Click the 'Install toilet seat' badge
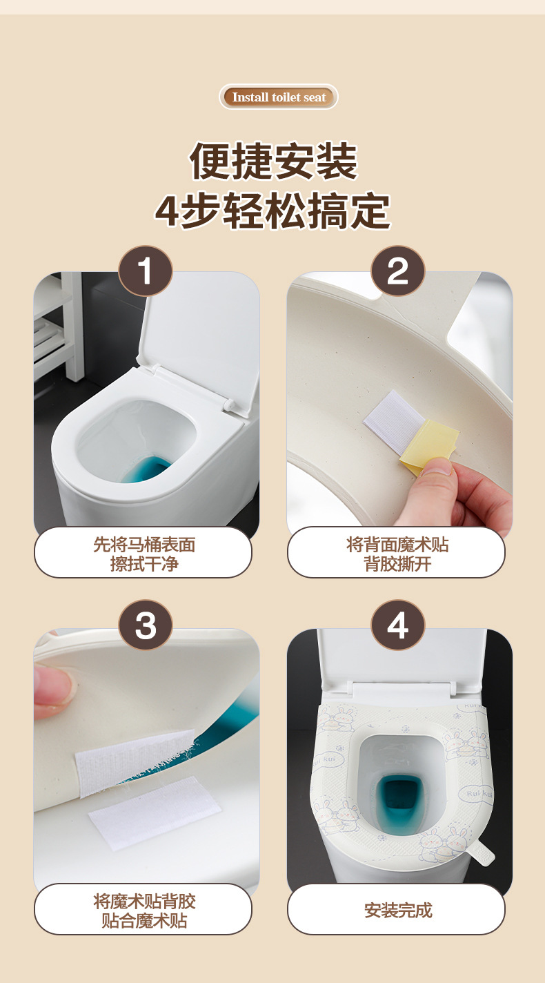tap(279, 97)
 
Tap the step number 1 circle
tap(146, 271)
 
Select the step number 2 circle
tap(398, 271)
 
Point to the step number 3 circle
tap(146, 625)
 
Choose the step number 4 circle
tap(398, 625)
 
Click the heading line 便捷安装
tap(274, 161)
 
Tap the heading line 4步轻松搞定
tap(272, 211)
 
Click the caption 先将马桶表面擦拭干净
tap(144, 554)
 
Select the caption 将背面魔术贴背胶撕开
tap(397, 554)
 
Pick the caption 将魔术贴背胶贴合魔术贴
tap(144, 911)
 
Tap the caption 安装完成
tap(398, 910)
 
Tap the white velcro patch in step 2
tap(393, 420)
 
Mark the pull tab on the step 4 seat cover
tap(480, 852)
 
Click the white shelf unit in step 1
tap(59, 326)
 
